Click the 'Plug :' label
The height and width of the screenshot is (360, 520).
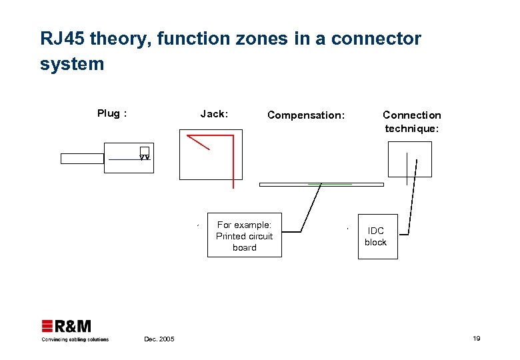(112, 113)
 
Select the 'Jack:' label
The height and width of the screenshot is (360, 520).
(214, 114)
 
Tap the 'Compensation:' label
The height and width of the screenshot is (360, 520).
(306, 115)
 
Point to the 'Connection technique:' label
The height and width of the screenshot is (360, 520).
(411, 121)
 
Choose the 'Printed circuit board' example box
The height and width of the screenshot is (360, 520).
(244, 236)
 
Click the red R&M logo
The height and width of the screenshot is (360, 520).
(66, 327)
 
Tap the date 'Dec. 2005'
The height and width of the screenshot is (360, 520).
(159, 339)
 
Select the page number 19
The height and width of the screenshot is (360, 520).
(476, 339)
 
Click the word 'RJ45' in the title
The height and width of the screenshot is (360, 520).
(62, 39)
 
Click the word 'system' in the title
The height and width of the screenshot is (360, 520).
(72, 64)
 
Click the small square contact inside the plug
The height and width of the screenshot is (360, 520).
(144, 151)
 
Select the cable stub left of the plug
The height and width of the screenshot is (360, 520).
(82, 159)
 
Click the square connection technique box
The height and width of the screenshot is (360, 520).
(409, 159)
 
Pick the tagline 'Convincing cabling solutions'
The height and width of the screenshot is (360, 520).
(75, 339)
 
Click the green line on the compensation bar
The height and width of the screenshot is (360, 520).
(329, 183)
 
